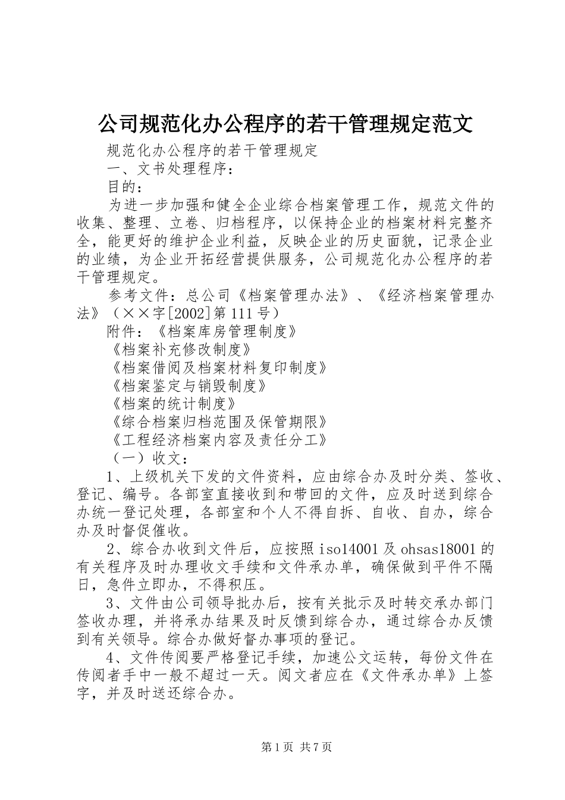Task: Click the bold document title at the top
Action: (284, 124)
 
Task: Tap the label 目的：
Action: (125, 187)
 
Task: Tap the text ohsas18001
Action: (437, 549)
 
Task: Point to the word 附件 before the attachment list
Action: (122, 332)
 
